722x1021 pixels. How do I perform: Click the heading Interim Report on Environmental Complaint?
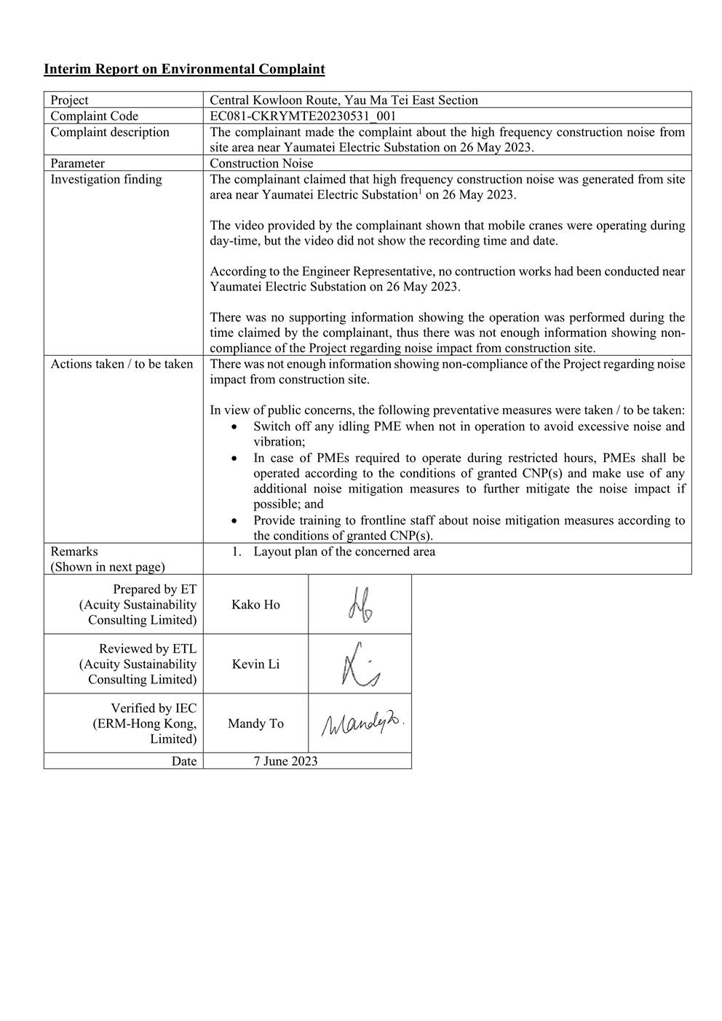(x=184, y=69)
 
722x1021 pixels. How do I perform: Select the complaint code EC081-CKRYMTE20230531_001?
(x=303, y=116)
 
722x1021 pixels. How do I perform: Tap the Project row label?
(x=69, y=100)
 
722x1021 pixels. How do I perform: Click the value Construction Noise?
(x=261, y=163)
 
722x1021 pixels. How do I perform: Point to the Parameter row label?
(x=77, y=163)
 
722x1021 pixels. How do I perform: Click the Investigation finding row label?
(x=106, y=179)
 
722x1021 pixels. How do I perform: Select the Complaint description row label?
(x=109, y=132)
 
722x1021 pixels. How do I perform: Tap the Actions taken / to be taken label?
(x=122, y=364)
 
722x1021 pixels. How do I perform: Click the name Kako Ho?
(x=255, y=605)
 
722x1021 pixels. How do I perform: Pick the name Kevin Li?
(x=255, y=664)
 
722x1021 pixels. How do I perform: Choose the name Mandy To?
(x=255, y=723)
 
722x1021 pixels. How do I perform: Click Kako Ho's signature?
(x=360, y=604)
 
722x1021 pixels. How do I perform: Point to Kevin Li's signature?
(x=360, y=664)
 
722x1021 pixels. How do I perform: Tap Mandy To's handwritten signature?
(x=362, y=723)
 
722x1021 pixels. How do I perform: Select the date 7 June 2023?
(x=285, y=761)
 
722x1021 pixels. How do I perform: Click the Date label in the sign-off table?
(x=184, y=761)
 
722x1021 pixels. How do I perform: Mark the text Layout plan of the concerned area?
(x=344, y=552)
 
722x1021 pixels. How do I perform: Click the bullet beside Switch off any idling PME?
(x=233, y=426)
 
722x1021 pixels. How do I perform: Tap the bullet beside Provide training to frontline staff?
(x=233, y=520)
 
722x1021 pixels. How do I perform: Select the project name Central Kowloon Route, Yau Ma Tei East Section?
(x=344, y=100)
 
